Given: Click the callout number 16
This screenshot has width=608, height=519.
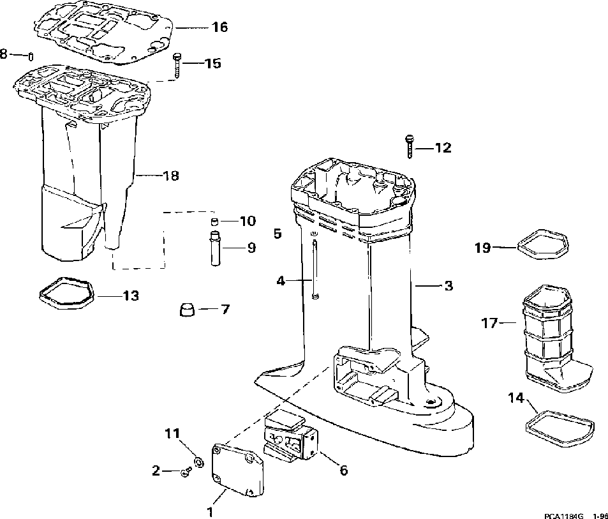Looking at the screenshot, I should [219, 27].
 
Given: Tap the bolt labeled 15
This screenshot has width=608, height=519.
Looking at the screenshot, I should [177, 65].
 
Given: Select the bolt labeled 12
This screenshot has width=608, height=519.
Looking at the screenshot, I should [408, 146].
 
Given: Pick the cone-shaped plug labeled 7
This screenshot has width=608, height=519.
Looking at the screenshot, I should [186, 310].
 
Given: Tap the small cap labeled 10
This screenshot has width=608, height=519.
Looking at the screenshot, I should [215, 222].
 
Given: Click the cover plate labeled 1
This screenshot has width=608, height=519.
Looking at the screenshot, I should [237, 469].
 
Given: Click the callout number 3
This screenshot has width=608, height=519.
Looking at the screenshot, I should [448, 285].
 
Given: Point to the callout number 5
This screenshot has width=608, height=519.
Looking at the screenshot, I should [278, 234].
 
